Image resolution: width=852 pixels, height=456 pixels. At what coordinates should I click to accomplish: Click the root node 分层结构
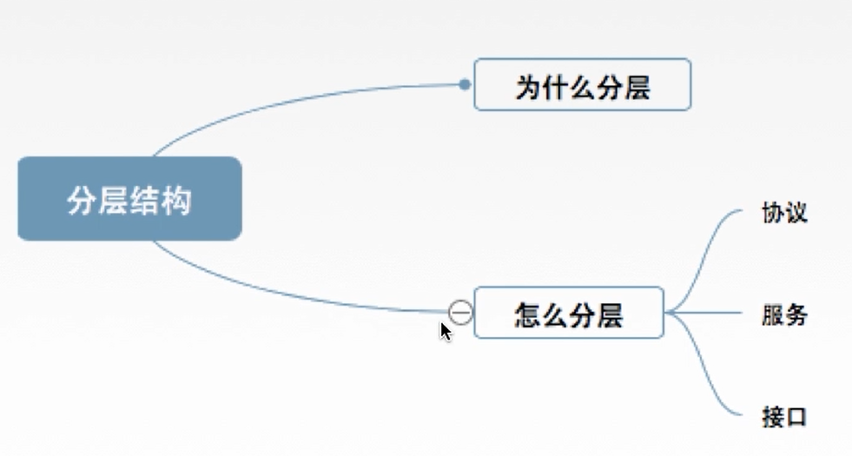[129, 199]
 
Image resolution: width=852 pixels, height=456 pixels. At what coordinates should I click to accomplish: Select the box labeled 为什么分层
[582, 85]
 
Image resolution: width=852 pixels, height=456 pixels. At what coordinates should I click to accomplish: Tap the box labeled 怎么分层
[569, 313]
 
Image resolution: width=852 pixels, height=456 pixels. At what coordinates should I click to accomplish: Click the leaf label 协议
[783, 213]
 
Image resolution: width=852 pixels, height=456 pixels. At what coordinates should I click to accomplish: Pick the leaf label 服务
[783, 314]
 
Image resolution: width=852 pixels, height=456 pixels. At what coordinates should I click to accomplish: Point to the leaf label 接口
[783, 416]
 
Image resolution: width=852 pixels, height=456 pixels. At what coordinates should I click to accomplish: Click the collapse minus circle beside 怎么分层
[461, 312]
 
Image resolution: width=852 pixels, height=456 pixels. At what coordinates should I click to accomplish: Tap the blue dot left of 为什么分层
[466, 85]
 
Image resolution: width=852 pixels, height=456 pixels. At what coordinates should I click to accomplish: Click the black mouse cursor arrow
[445, 331]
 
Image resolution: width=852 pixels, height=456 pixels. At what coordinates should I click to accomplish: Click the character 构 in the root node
[176, 200]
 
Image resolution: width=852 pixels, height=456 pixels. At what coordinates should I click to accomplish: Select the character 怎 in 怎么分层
[528, 314]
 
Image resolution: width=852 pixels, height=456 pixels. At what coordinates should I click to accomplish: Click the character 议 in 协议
[796, 213]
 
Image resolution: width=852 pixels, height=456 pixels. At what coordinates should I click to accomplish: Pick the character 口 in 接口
[796, 416]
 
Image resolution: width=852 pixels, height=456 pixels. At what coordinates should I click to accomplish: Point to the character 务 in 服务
[796, 314]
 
